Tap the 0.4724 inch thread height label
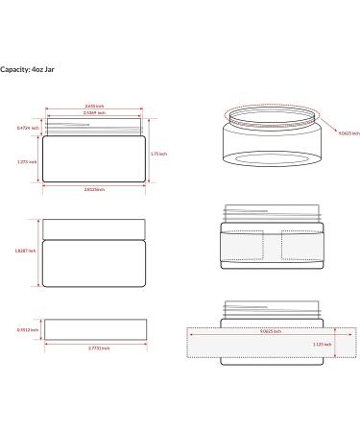click(x=29, y=128)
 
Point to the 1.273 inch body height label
click(x=29, y=161)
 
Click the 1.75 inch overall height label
click(x=159, y=154)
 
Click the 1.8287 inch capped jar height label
click(x=27, y=252)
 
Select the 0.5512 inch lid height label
click(x=28, y=329)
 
